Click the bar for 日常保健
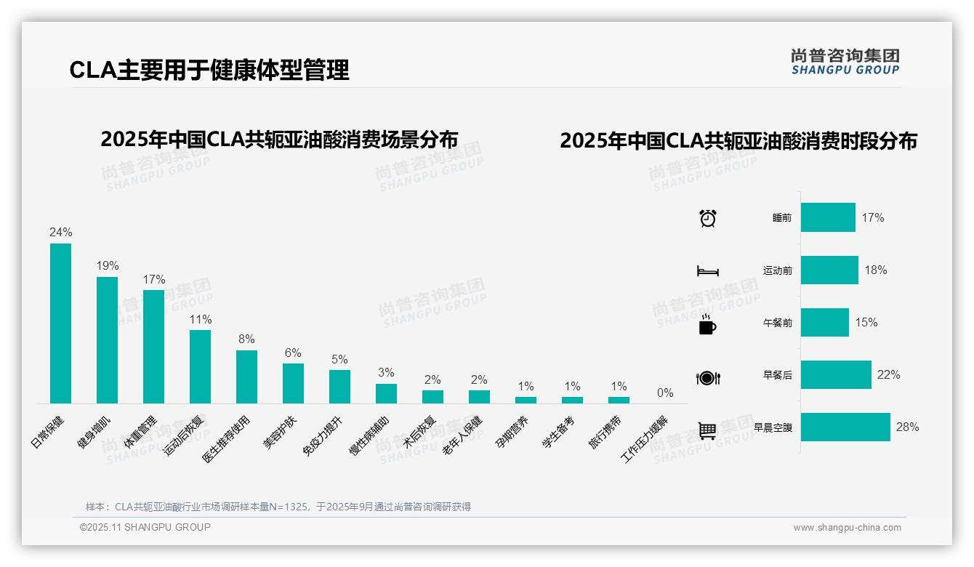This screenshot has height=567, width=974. [60, 323]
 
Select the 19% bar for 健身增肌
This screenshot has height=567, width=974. [107, 340]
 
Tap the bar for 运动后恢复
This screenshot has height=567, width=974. [200, 366]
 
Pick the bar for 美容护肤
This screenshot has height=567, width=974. [293, 383]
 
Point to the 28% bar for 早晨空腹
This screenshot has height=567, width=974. [845, 427]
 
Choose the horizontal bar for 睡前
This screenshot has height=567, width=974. [828, 217]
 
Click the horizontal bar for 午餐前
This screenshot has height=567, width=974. [825, 322]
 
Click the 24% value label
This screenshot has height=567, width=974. [60, 233]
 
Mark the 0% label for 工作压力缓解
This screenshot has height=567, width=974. [665, 393]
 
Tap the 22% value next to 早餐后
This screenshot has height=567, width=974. [888, 375]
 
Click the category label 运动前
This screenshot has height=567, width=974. [777, 270]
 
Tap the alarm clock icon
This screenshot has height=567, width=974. [707, 218]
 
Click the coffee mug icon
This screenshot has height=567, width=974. [707, 325]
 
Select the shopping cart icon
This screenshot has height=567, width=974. [707, 430]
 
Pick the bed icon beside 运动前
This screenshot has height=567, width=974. [707, 271]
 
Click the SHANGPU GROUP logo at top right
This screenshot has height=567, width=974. [845, 62]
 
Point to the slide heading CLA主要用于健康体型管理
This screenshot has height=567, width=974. [209, 70]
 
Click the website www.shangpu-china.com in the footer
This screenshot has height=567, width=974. [847, 528]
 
